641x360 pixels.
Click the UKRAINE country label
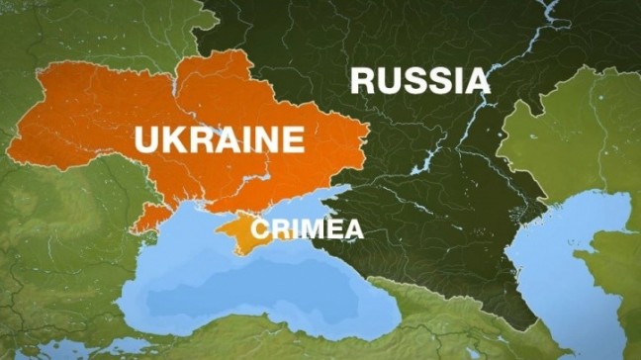[221, 138]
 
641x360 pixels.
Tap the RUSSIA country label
[420, 80]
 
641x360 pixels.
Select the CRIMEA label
[308, 230]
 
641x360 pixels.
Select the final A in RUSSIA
[476, 80]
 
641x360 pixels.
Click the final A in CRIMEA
[351, 230]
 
